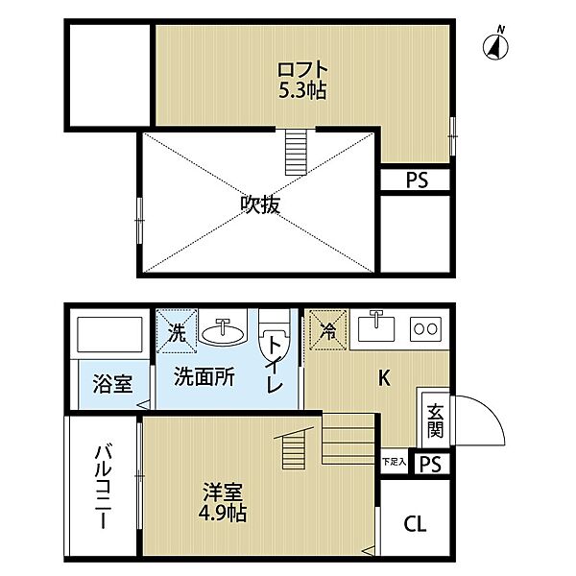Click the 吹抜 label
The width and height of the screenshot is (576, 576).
[x=259, y=204]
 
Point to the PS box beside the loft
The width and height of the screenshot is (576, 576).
[x=416, y=180]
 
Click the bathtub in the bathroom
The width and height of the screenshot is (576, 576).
[x=108, y=337]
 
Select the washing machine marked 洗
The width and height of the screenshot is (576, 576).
[x=178, y=331]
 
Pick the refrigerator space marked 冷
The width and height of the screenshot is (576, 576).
[x=327, y=331]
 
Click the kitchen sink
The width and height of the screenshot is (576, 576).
[x=375, y=328]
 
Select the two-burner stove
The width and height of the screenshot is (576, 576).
[x=424, y=329]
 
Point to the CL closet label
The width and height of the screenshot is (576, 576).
[x=415, y=524]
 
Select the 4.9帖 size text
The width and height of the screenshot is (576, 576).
[x=224, y=514]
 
